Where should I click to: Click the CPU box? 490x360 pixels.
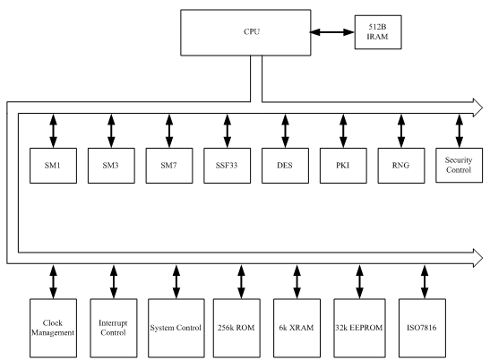tap(245, 32)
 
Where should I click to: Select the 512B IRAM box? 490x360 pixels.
tap(378, 32)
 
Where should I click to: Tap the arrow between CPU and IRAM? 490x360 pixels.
tap(332, 32)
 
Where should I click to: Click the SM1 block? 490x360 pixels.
tap(53, 166)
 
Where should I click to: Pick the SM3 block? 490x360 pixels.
tap(111, 166)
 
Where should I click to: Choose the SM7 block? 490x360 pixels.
tap(169, 166)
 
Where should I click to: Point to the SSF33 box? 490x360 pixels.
tap(228, 166)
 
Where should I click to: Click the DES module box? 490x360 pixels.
tap(286, 166)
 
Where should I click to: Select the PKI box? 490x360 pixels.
tap(343, 166)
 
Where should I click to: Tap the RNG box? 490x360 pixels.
tap(401, 166)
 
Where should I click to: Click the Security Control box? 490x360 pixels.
tap(459, 165)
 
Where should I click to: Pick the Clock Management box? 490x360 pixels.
tap(53, 328)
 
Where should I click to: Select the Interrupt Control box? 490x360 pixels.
tap(114, 328)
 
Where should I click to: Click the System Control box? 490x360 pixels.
tap(176, 328)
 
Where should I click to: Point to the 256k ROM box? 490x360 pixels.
tap(236, 328)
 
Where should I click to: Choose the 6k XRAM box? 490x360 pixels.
tap(297, 328)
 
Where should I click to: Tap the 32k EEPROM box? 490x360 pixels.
tap(359, 328)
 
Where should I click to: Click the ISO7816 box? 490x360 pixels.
tap(422, 328)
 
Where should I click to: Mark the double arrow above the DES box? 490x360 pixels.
tap(286, 131)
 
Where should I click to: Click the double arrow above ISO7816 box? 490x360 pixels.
tap(425, 282)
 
